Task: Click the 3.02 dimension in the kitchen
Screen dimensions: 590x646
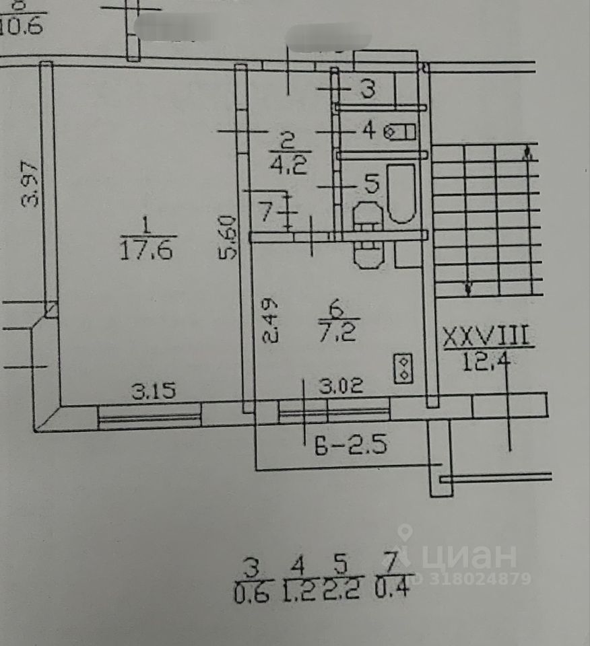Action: tap(341, 387)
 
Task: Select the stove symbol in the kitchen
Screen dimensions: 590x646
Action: tap(403, 367)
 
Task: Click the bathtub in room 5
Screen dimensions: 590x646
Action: tap(402, 194)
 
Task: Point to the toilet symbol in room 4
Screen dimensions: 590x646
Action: tap(399, 132)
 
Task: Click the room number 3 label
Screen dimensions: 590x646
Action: tap(367, 89)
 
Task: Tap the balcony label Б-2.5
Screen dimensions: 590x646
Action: tap(350, 445)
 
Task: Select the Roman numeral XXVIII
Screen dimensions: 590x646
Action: tap(488, 336)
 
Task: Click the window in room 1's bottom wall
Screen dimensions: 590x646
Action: tap(150, 415)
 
